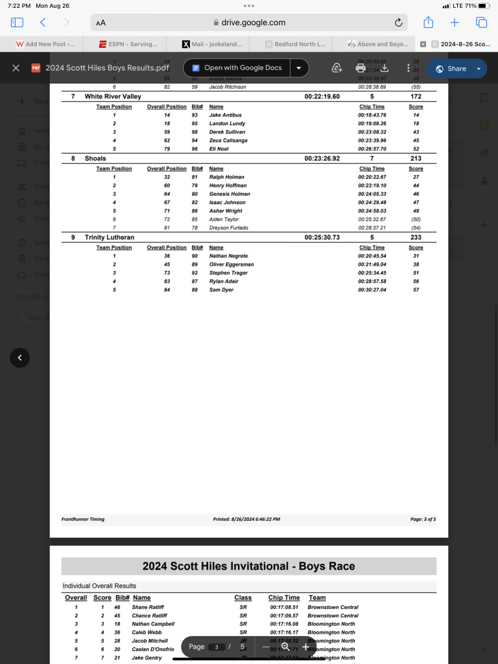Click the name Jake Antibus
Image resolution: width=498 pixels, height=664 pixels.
point(225,115)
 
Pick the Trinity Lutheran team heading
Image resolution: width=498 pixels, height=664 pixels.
point(109,238)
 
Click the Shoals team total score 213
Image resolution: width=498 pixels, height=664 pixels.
point(416,159)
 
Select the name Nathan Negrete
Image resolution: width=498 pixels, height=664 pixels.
point(229,257)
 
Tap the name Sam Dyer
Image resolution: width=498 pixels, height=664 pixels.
point(221,290)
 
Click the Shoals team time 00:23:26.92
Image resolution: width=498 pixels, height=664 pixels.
point(322,159)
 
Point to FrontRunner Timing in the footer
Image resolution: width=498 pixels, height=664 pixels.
point(83,520)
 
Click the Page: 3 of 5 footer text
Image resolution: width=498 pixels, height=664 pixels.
point(423,520)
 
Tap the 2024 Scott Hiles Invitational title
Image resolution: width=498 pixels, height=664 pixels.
point(249,566)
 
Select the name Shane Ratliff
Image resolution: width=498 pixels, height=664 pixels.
point(148,607)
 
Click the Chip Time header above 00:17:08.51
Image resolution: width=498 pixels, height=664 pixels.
point(284,598)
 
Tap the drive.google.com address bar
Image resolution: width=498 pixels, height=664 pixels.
point(249,23)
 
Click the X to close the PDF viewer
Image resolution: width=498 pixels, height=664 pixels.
point(16,68)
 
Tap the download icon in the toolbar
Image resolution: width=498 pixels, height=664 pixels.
point(384,68)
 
